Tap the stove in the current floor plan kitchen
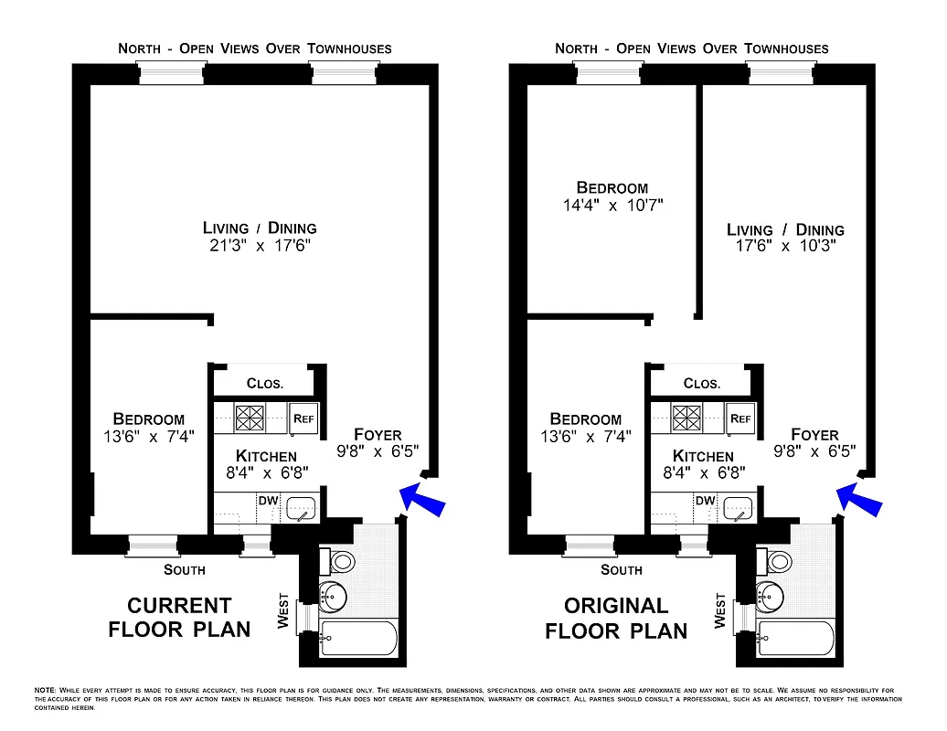click(x=249, y=418)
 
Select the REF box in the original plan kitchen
click(x=740, y=418)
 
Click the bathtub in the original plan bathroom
click(x=795, y=638)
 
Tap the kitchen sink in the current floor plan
click(x=301, y=508)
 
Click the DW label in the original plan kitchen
click(x=705, y=501)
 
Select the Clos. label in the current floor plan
click(x=265, y=384)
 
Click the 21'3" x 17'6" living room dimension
click(x=260, y=246)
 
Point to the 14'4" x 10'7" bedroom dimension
click(x=612, y=206)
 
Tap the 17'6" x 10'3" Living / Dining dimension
click(x=785, y=246)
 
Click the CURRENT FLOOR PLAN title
click(x=179, y=618)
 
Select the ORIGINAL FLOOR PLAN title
click(x=616, y=618)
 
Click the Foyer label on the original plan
click(x=814, y=435)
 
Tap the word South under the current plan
click(x=184, y=570)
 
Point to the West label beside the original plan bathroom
click(x=720, y=612)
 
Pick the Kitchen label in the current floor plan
click(x=266, y=456)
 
